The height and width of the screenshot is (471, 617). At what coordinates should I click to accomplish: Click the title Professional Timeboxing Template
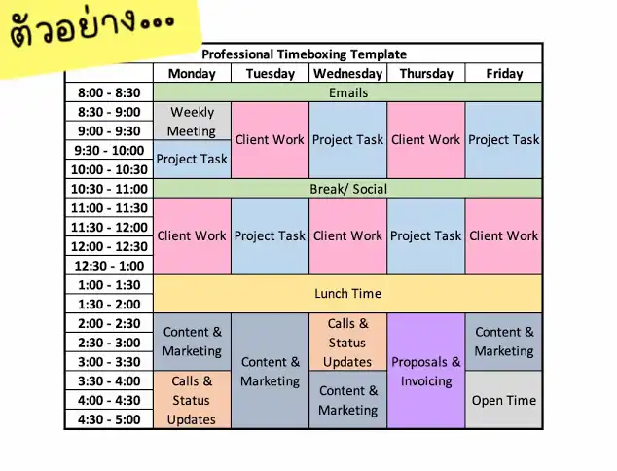(304, 54)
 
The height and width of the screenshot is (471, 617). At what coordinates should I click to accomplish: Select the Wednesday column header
(347, 73)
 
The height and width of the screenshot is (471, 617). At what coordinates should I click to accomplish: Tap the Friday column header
(504, 73)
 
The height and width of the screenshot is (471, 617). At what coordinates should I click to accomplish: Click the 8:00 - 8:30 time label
(109, 92)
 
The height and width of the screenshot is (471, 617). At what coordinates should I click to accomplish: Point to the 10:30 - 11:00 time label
(109, 189)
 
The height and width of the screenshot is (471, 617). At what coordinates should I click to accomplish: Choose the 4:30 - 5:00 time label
(109, 419)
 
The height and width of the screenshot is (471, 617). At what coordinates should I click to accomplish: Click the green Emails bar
(347, 92)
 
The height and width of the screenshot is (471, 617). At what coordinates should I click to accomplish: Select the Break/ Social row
(347, 189)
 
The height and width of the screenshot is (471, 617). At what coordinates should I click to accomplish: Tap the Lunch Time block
(347, 294)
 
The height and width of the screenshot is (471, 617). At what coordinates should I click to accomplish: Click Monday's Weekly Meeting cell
(192, 122)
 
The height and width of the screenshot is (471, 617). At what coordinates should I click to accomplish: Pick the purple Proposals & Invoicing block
(425, 371)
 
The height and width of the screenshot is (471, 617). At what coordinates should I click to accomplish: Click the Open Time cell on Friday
(504, 400)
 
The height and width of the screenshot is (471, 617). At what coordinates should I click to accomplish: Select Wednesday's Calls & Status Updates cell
(347, 342)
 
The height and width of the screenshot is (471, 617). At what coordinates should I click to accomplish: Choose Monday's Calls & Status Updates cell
(192, 400)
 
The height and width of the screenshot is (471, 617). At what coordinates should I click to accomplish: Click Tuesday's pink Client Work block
(270, 140)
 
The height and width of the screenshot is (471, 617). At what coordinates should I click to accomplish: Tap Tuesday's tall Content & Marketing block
(270, 371)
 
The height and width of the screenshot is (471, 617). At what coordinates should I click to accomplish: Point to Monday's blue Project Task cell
(192, 160)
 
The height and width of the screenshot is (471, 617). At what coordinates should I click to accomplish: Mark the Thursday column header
(426, 73)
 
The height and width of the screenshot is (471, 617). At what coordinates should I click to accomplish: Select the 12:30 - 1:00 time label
(109, 266)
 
